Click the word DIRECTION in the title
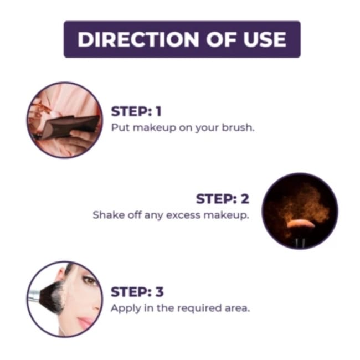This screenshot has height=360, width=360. [x=138, y=39]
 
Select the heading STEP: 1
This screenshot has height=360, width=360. [x=136, y=111]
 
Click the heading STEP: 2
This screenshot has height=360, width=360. [x=223, y=199]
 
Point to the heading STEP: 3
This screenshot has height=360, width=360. [x=137, y=292]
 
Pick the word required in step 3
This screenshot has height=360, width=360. [x=199, y=308]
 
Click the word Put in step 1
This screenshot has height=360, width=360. [x=120, y=127]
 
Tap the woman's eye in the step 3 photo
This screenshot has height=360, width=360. [x=89, y=280]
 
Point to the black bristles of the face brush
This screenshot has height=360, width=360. [x=52, y=297]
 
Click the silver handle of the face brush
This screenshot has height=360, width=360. [x=34, y=296]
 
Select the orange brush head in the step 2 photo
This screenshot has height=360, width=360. [x=301, y=223]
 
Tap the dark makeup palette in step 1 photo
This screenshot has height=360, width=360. [x=69, y=126]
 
